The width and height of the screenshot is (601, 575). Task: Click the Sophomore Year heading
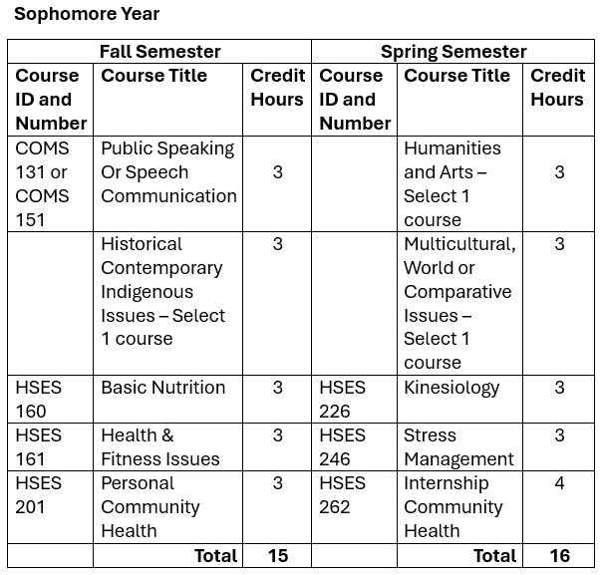(x=87, y=14)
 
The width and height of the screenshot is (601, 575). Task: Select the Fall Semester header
(x=159, y=51)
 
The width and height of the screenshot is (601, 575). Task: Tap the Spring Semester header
(x=453, y=51)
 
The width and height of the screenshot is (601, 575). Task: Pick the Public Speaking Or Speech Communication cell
(x=167, y=172)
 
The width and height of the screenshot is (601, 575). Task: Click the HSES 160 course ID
(x=39, y=399)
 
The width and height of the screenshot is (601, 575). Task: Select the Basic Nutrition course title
(x=163, y=388)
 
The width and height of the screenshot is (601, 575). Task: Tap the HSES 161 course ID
(x=39, y=446)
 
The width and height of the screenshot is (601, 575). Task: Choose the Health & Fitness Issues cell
(x=159, y=446)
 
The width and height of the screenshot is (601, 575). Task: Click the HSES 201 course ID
(x=39, y=494)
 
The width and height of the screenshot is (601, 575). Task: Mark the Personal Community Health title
(x=150, y=506)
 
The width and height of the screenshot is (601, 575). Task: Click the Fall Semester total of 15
(x=277, y=556)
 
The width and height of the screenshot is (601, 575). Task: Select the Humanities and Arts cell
(x=452, y=183)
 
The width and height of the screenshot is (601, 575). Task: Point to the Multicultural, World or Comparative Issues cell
(x=459, y=303)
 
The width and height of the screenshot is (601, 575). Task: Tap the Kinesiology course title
(x=451, y=388)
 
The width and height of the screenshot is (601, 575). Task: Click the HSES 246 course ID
(x=342, y=446)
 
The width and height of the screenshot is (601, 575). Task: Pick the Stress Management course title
(x=458, y=446)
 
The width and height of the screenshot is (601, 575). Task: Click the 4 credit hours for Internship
(x=559, y=483)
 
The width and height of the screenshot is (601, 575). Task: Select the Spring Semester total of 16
(x=559, y=556)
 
